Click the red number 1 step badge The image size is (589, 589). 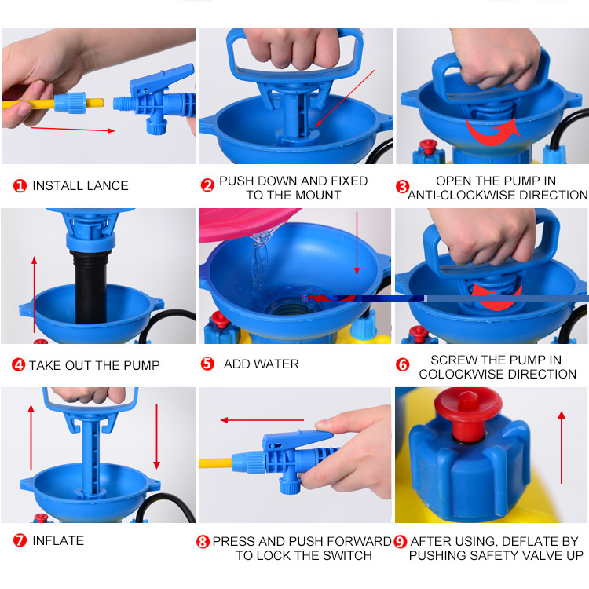coord(20,185)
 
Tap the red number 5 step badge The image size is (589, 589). coord(207,364)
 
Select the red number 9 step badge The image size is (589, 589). coord(400,542)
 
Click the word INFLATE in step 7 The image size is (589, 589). coord(58,540)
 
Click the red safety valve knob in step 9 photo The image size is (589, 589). coord(468,413)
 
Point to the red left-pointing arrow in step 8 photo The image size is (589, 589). coord(262,420)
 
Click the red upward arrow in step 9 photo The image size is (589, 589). coord(562,447)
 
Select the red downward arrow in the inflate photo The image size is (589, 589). coord(156,437)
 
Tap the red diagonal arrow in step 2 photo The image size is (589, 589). coord(345,98)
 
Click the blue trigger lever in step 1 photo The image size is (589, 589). coord(162,78)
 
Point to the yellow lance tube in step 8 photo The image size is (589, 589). coord(216,463)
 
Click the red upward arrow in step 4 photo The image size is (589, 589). coord(35,294)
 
